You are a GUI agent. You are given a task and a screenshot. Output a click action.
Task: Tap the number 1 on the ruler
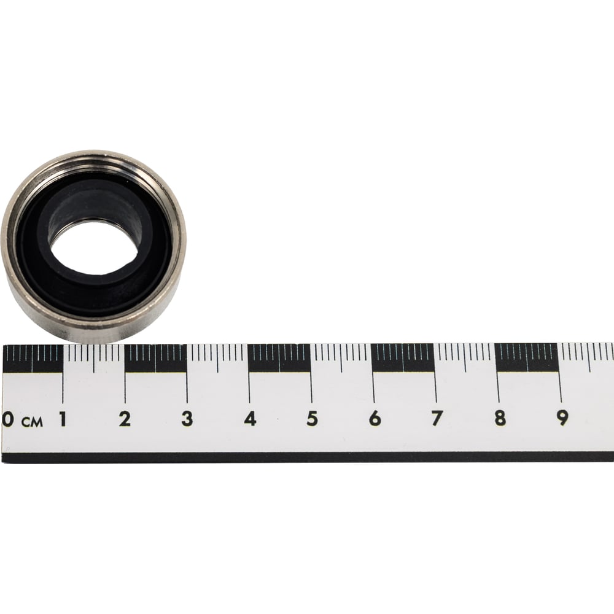pos(62,419)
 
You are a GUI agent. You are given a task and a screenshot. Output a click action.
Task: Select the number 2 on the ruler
pos(125,419)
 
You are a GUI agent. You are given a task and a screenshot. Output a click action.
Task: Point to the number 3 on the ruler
pos(187,419)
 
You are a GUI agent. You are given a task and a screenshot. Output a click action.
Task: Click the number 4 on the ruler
pos(250,419)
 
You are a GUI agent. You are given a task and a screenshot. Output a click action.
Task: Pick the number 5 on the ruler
pos(312,419)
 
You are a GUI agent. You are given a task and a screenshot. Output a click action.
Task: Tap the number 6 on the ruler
pos(375,419)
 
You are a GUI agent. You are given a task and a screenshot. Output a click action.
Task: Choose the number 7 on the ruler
pos(437,419)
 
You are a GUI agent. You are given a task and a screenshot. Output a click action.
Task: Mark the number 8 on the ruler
pos(500,419)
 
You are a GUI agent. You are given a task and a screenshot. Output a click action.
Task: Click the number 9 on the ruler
pos(562,419)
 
